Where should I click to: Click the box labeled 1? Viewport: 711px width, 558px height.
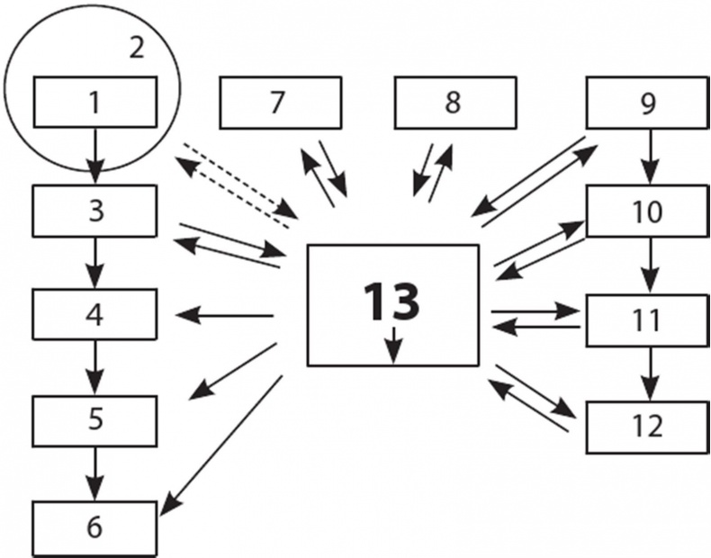pos(96,102)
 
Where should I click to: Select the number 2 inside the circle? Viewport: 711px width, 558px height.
pos(136,48)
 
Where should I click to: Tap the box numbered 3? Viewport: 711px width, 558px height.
pos(96,211)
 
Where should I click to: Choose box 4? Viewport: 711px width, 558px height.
pos(96,314)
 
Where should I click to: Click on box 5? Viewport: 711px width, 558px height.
pos(96,419)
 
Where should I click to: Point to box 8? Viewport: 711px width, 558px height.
pos(454,102)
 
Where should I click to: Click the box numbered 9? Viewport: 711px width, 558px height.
pos(646,102)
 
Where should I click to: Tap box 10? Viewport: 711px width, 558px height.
pos(646,211)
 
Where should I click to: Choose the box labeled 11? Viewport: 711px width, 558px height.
pos(646,319)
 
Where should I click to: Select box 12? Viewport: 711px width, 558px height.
pos(646,424)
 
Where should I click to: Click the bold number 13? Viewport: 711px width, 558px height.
pos(391,301)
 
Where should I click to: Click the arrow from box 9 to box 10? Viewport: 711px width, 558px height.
pos(646,157)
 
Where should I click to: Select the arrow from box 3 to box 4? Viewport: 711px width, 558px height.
pos(96,262)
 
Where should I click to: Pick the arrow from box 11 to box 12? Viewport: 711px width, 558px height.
pos(646,373)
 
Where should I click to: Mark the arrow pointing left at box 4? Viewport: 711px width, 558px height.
pos(225,315)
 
